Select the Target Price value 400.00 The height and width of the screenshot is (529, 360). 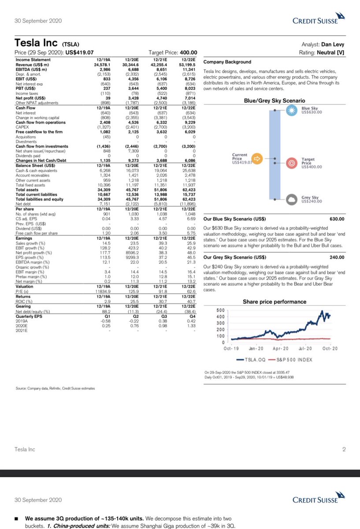pos(187,53)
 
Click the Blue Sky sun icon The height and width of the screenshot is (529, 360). pos(291,111)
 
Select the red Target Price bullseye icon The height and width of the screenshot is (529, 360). pos(291,164)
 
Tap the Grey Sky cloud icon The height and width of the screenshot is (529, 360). pos(291,200)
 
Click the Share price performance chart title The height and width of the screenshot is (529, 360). pos(275,302)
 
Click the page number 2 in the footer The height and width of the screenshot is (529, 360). pos(344,450)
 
